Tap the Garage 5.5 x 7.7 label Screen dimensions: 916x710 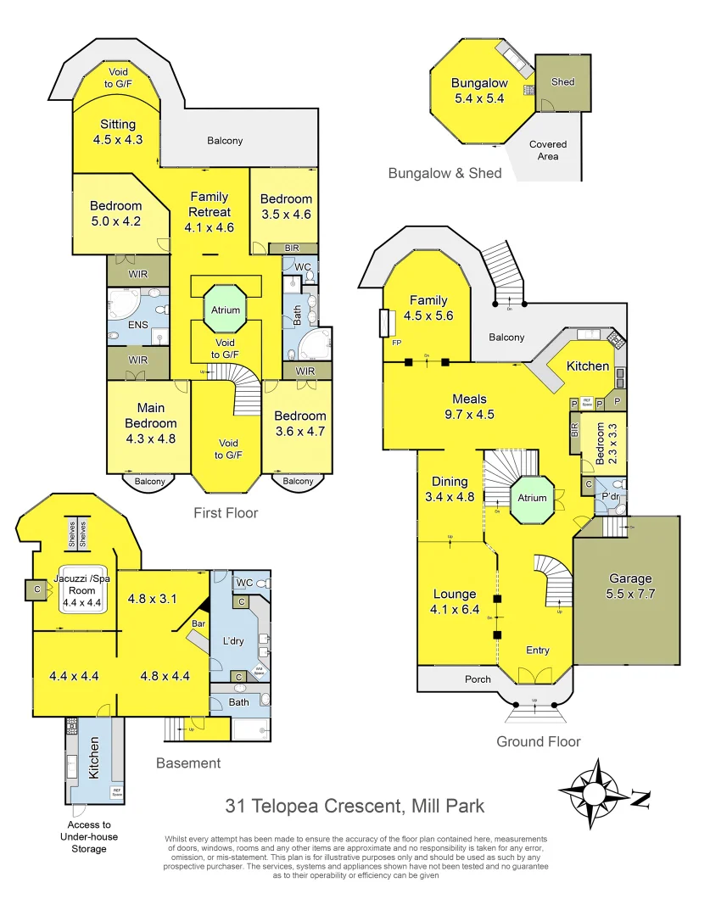click(630, 587)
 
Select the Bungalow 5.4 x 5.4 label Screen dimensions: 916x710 click(479, 91)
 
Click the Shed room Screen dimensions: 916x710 click(562, 83)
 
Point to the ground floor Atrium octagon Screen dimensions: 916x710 click(533, 498)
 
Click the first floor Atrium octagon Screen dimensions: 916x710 click(226, 310)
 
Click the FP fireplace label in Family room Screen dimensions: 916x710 click(395, 343)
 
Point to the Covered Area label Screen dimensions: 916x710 click(548, 150)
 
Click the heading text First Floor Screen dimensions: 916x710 click(225, 512)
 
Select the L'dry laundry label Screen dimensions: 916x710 click(232, 641)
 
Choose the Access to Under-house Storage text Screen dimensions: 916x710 click(89, 836)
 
